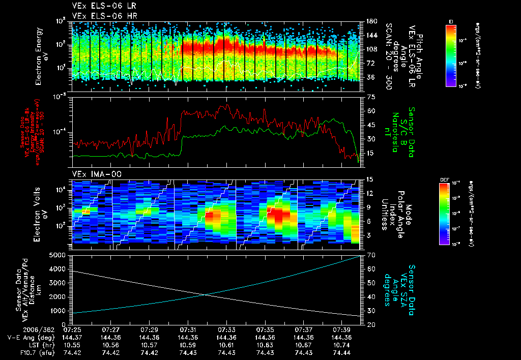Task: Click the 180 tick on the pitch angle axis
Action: (371, 21)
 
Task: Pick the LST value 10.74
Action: (342, 345)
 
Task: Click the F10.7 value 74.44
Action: (342, 352)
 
